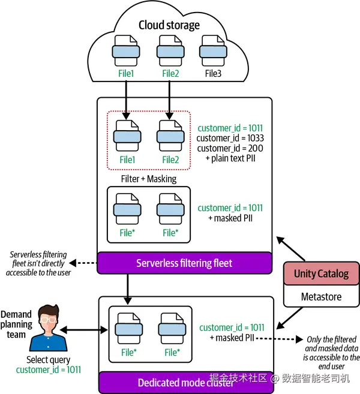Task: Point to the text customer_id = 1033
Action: pyautogui.click(x=230, y=139)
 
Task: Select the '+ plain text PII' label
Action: pyautogui.click(x=230, y=159)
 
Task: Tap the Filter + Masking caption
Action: pyautogui.click(x=148, y=179)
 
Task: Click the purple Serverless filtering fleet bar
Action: pyautogui.click(x=184, y=263)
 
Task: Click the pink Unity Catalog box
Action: pyautogui.click(x=321, y=274)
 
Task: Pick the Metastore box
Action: pyautogui.click(x=321, y=296)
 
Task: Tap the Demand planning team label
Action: pyautogui.click(x=16, y=324)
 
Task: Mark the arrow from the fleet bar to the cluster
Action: pyautogui.click(x=127, y=288)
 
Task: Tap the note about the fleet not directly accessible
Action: pyautogui.click(x=36, y=263)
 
